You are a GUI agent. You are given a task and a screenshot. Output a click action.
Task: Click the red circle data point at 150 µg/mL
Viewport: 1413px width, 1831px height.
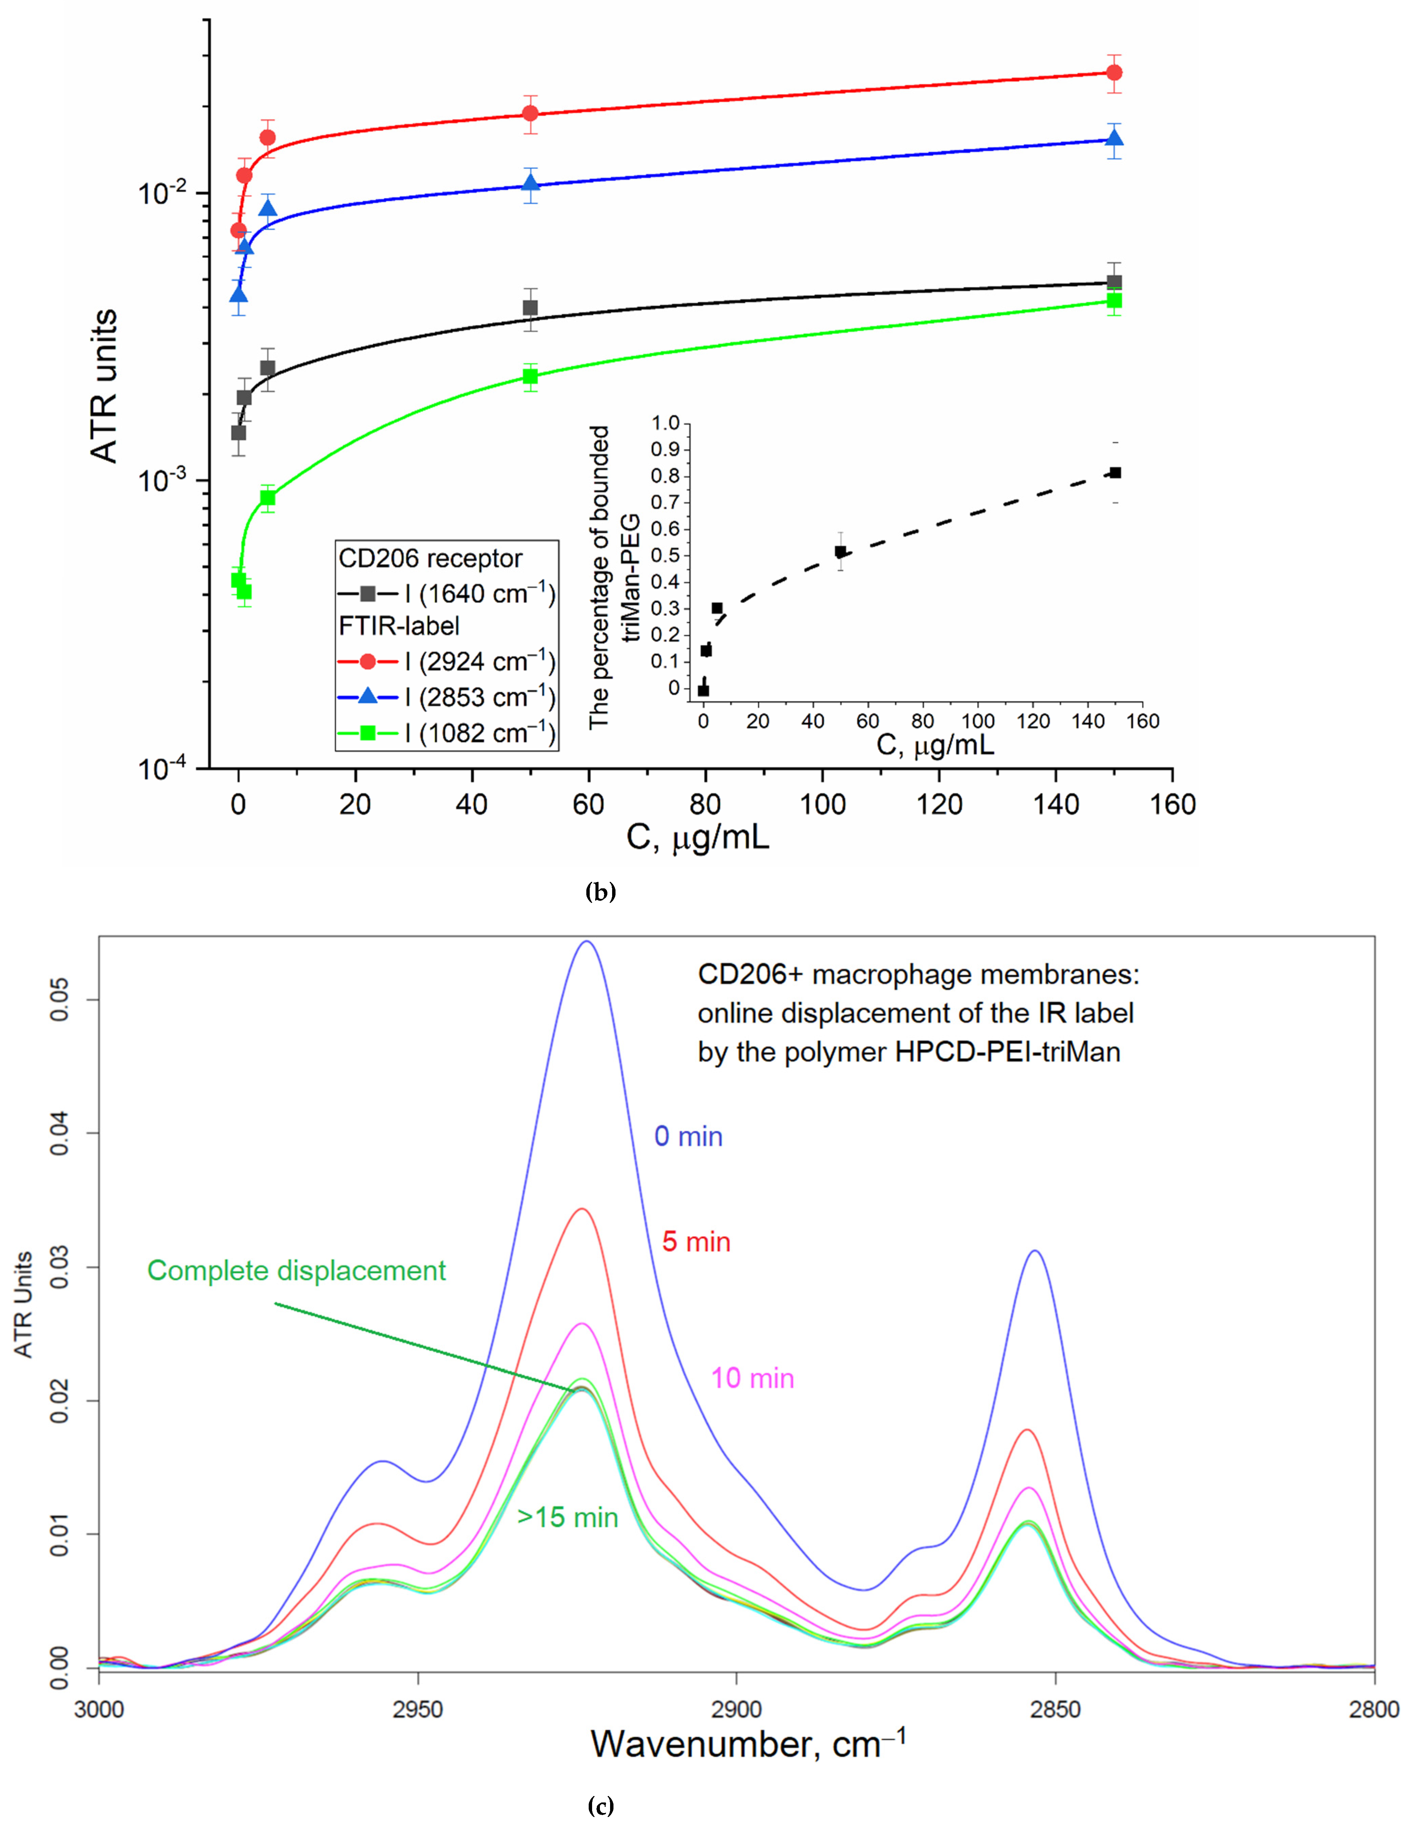[x=1114, y=73]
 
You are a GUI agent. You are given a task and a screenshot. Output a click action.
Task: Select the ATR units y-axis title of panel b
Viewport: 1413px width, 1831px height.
[x=104, y=386]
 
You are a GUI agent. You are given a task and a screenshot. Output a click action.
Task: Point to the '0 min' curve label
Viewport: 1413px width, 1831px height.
[x=688, y=1137]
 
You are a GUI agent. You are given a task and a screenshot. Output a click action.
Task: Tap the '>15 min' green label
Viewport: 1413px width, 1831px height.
[x=567, y=1517]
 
